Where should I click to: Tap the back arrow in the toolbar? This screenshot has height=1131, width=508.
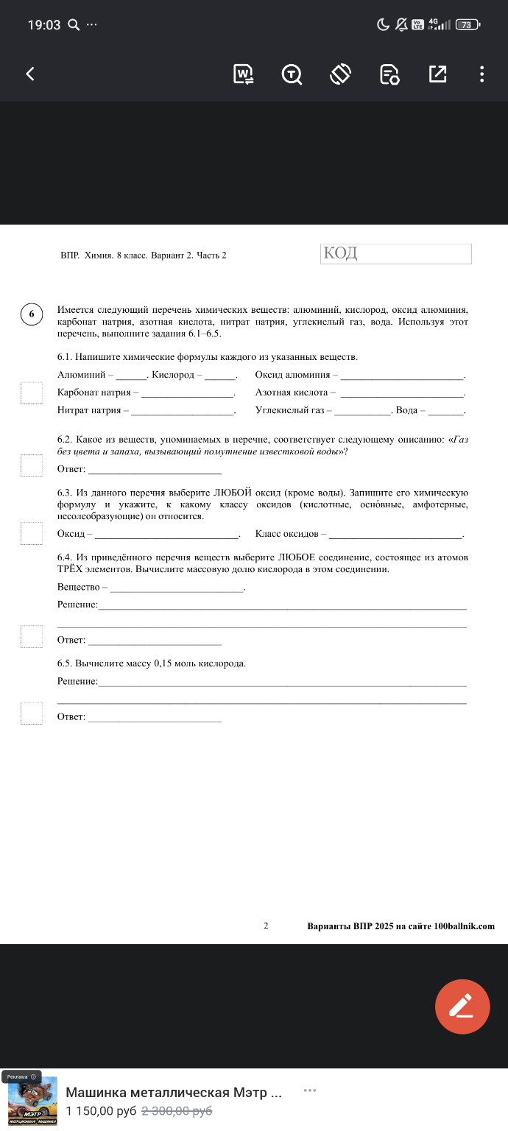[30, 74]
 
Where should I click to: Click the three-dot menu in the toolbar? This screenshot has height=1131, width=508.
[481, 74]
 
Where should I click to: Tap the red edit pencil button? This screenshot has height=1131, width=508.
[462, 1007]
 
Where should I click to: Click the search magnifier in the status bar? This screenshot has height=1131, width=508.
[73, 25]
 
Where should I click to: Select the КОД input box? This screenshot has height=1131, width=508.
[396, 254]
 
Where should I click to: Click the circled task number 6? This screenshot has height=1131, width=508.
[32, 313]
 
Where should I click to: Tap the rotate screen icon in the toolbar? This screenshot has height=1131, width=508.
[340, 74]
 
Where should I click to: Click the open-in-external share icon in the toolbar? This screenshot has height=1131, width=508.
[437, 74]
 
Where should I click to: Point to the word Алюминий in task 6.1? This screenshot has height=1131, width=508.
[82, 376]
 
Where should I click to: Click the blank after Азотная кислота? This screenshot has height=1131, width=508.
[402, 393]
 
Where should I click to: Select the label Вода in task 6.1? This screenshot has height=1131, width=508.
[406, 410]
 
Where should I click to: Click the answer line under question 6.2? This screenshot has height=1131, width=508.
[155, 469]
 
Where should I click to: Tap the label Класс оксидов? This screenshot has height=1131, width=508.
[286, 533]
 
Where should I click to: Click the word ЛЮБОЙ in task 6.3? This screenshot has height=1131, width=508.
[233, 492]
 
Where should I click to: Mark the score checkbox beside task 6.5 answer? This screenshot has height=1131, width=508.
[32, 713]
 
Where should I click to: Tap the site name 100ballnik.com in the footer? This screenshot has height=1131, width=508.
[464, 926]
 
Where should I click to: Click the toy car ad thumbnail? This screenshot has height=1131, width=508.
[32, 1101]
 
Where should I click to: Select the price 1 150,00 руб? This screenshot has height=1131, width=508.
[101, 1111]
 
